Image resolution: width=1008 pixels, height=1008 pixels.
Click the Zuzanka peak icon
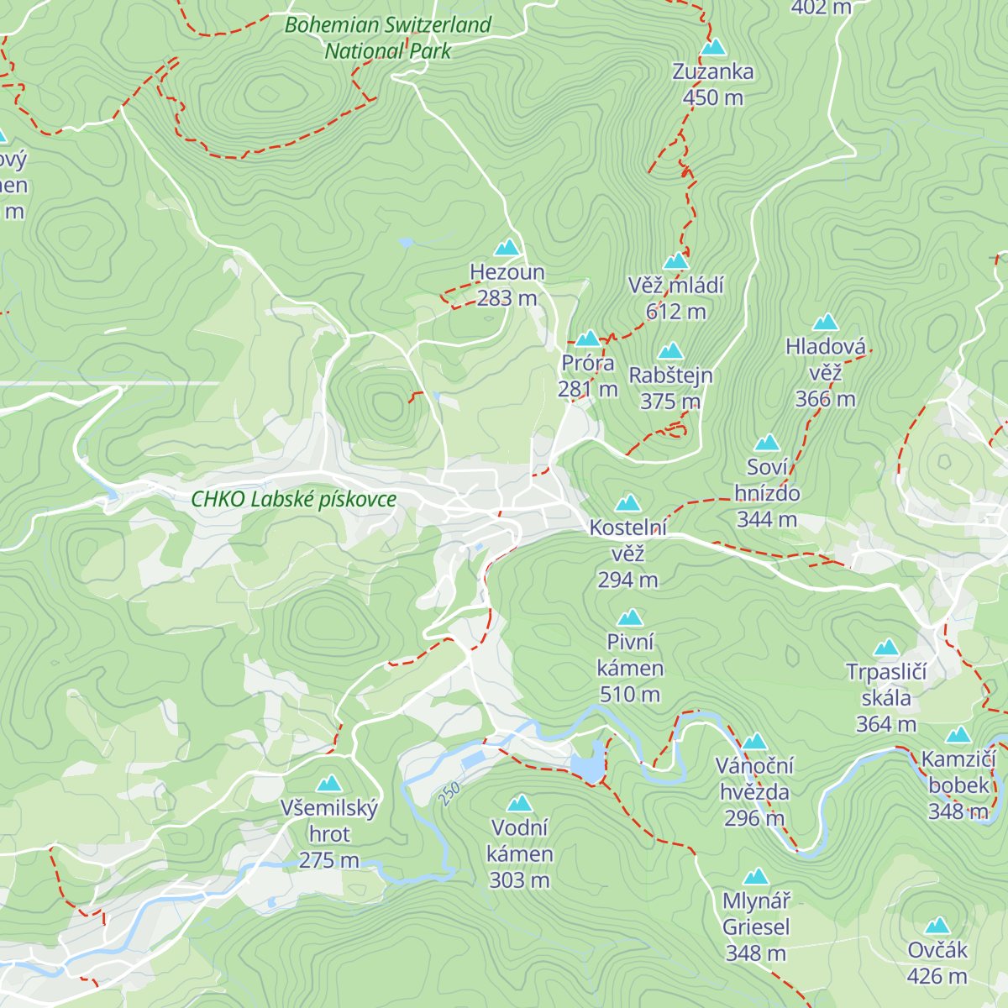point(713,47)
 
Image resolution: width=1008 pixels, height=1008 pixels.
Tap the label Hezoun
point(507,272)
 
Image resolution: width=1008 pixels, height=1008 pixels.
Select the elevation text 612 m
point(675,312)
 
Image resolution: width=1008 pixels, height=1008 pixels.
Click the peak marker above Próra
point(587,339)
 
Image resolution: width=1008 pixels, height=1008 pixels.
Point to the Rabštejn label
point(670,375)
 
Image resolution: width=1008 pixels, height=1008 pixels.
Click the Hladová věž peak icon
point(826,323)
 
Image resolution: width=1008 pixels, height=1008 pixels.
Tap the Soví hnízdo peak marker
point(767,444)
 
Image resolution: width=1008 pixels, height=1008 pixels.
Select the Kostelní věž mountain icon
point(628,504)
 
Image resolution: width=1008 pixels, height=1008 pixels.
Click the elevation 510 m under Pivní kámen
point(629,695)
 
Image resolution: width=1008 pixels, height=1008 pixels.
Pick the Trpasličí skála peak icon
point(886,648)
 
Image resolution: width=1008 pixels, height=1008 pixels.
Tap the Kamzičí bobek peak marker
point(958,736)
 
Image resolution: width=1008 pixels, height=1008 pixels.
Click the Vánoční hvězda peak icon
point(754,742)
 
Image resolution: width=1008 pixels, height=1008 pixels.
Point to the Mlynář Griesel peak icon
point(756,877)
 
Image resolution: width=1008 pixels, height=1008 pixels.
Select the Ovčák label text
point(937,950)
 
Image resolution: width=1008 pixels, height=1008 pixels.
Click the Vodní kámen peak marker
point(520,804)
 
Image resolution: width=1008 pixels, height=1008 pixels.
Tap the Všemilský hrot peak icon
point(328,785)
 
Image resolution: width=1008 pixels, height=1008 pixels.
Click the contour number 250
point(449,794)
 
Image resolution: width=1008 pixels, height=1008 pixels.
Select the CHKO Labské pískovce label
point(294,499)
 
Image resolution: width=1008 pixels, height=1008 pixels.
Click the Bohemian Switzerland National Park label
point(388,38)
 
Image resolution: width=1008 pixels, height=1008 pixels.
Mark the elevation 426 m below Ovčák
point(937,976)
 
